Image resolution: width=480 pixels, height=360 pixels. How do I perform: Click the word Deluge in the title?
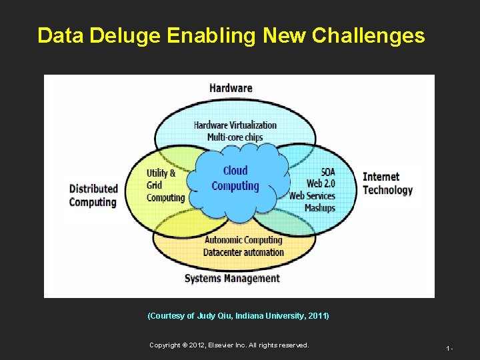coord(128,36)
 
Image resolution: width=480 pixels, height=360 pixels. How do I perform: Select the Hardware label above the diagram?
coord(231,88)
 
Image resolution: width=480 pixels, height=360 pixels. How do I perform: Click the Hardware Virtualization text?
coord(235,125)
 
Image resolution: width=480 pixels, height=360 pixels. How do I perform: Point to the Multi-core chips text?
coord(235,137)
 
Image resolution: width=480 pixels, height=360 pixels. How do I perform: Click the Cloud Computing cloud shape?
coord(235,179)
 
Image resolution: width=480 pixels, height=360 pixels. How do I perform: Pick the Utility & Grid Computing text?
coord(165,185)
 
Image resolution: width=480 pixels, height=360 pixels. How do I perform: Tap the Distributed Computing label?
coord(93,195)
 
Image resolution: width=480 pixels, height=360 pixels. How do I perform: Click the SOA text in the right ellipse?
coord(327,172)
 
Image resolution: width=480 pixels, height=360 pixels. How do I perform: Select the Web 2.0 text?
coord(320,184)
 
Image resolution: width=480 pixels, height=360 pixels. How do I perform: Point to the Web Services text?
coord(312,196)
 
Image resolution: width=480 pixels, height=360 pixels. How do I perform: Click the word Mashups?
coord(319,208)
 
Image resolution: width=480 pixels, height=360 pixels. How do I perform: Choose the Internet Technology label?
coord(387,183)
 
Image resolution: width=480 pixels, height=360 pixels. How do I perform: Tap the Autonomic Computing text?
coord(243,240)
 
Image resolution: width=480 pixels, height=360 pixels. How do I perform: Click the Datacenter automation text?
coord(243,252)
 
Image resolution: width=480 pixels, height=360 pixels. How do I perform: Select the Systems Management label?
coord(232,278)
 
